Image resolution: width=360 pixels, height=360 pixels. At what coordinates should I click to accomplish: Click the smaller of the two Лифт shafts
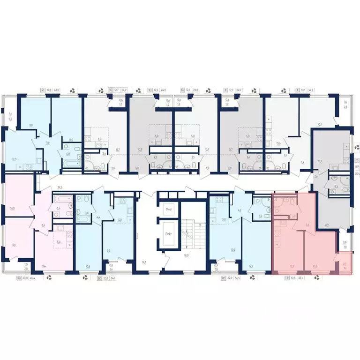[168, 210]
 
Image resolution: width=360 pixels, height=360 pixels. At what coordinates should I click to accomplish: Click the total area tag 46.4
[32, 277]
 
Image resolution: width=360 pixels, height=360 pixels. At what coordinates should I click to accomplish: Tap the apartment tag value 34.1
[114, 277]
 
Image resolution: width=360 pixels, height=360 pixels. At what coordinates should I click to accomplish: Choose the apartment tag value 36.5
[237, 277]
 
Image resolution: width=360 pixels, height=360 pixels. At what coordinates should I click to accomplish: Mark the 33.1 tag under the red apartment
[301, 277]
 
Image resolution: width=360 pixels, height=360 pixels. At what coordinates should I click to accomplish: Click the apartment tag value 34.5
[311, 90]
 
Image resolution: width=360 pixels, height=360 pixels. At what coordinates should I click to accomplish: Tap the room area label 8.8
[30, 125]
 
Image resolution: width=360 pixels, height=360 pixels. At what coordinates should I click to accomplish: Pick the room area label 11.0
[71, 140]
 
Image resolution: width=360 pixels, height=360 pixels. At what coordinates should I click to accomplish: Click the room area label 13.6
[278, 143]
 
